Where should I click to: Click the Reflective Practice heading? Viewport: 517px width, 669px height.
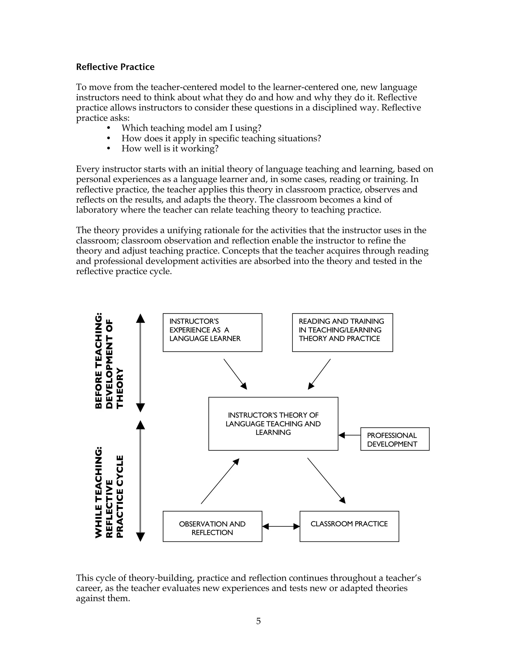(x=115, y=67)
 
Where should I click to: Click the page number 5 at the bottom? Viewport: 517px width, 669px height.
(x=258, y=621)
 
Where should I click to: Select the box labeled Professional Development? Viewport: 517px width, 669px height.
(x=395, y=439)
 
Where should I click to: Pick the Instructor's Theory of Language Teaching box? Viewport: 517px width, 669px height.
(x=273, y=424)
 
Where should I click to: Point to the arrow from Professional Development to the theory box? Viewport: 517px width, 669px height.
(x=349, y=435)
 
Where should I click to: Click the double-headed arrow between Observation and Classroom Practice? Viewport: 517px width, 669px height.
(x=281, y=526)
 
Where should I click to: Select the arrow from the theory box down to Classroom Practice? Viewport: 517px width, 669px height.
(x=326, y=480)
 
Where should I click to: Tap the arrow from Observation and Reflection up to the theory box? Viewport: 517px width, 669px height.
(x=220, y=481)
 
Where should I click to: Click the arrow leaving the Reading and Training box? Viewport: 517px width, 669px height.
(x=319, y=374)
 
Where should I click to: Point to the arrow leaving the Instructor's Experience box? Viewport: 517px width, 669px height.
(x=235, y=374)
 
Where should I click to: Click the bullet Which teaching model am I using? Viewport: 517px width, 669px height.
(x=191, y=128)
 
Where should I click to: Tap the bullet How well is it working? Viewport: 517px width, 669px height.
(x=170, y=148)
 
